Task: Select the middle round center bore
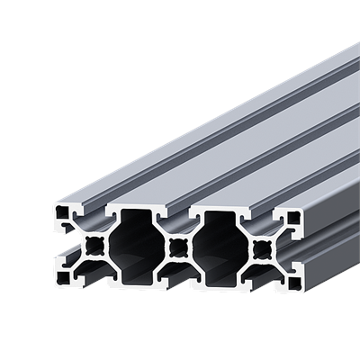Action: point(176,244)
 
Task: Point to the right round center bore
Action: point(261,246)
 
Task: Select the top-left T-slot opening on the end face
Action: point(93,211)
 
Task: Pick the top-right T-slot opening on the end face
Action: point(261,214)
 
